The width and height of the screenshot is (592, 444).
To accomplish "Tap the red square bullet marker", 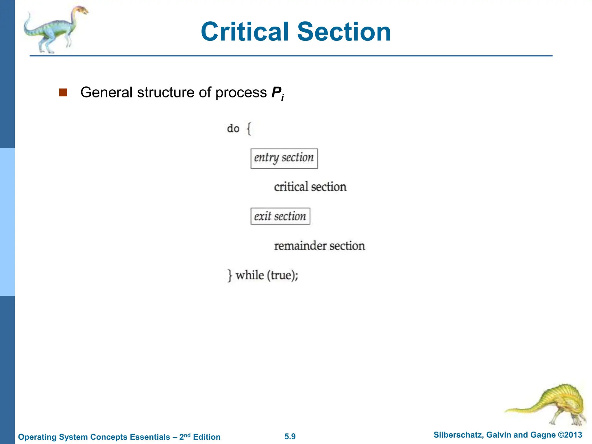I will click(x=63, y=92).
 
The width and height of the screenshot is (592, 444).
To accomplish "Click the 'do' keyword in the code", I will click(x=233, y=129).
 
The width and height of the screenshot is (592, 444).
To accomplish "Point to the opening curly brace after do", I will click(x=249, y=129).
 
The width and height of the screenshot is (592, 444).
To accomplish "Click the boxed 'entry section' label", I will click(x=284, y=158).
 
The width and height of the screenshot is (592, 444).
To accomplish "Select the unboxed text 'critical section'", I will click(x=310, y=187).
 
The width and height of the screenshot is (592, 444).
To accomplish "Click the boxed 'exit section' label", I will click(x=280, y=216).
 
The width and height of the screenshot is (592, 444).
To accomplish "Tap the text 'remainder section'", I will click(x=319, y=246).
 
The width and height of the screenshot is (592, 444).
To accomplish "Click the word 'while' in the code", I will click(x=250, y=275).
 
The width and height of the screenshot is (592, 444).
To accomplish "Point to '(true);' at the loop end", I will click(x=282, y=275).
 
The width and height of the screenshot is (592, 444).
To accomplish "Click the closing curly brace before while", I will click(x=230, y=275).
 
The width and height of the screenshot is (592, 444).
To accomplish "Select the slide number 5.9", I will click(x=290, y=436).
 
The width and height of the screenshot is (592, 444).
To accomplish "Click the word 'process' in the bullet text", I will click(x=241, y=92).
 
